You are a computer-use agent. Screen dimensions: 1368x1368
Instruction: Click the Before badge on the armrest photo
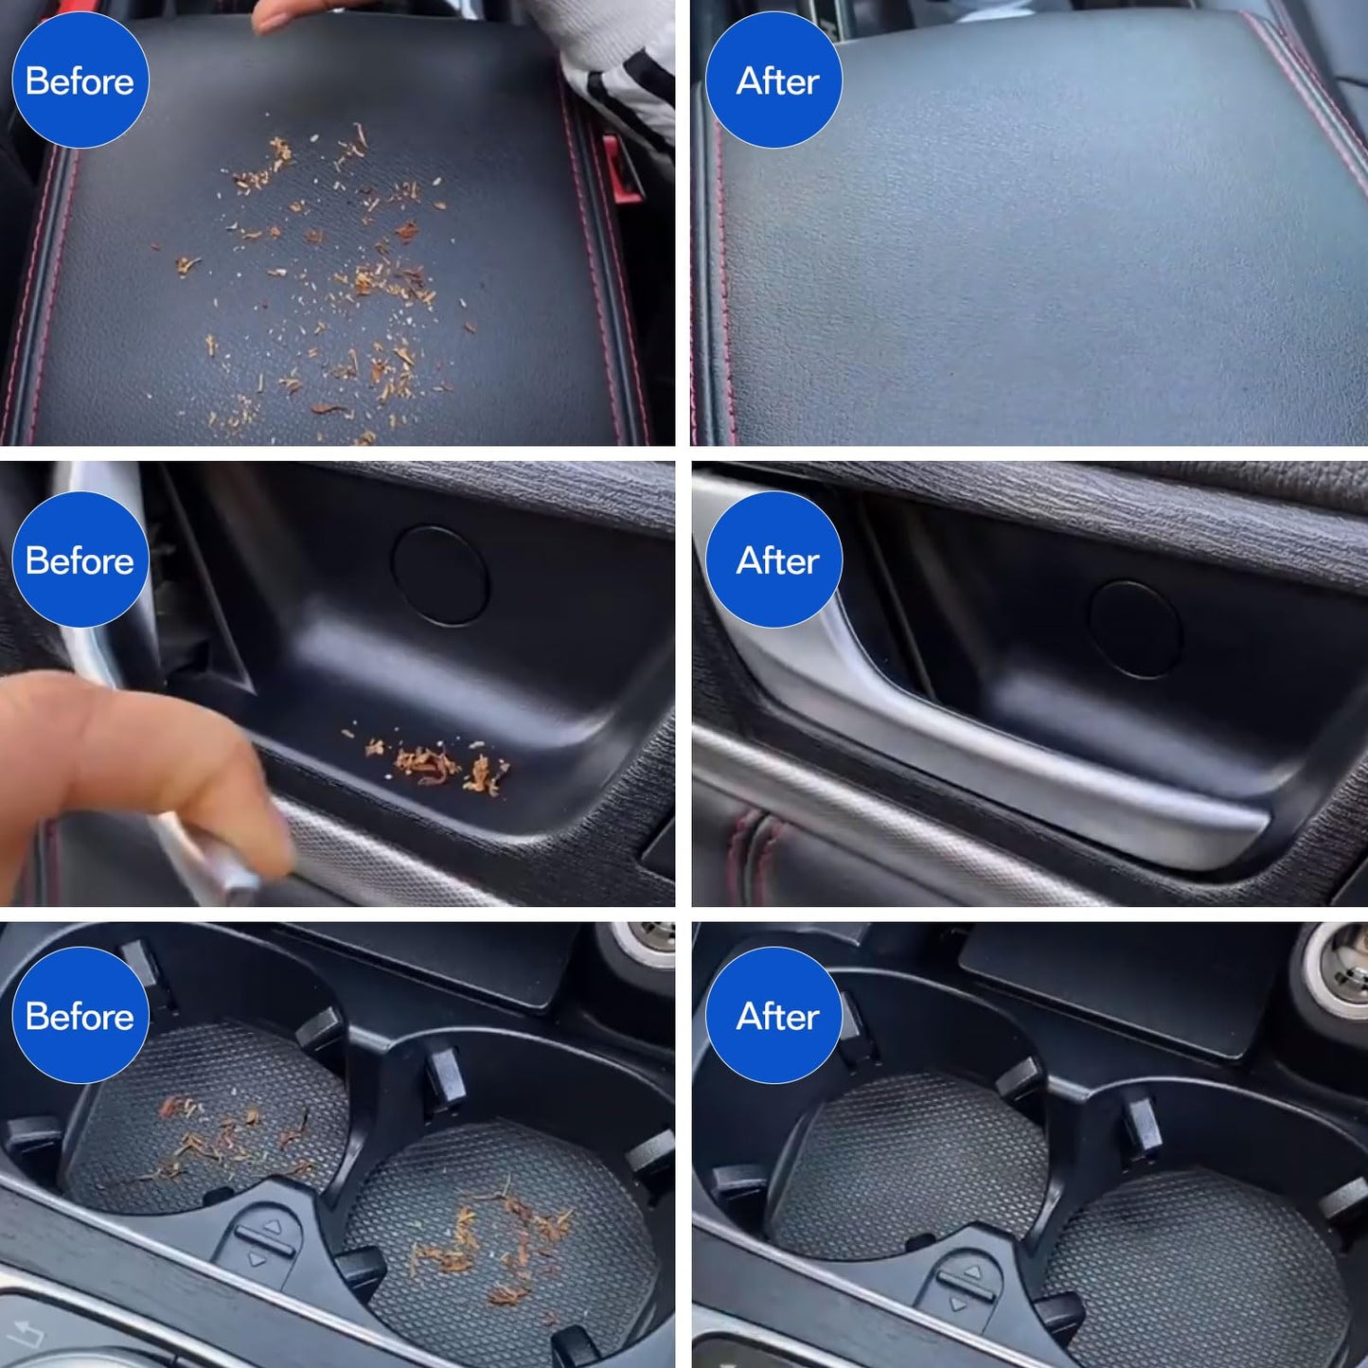(x=80, y=80)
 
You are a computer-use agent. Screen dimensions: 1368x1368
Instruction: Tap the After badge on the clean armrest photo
(x=773, y=80)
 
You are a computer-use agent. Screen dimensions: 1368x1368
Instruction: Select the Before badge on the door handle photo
(x=80, y=560)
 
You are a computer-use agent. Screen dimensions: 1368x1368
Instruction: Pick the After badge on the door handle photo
(x=773, y=560)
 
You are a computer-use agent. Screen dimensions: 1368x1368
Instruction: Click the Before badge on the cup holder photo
(x=80, y=1015)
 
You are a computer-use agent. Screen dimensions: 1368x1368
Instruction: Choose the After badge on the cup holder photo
(x=773, y=1015)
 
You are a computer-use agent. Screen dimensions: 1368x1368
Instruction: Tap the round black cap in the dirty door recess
(x=440, y=576)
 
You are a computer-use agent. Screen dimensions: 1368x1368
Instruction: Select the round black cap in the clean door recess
(x=1135, y=630)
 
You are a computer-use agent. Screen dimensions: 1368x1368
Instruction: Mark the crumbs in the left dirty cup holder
(x=227, y=1136)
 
